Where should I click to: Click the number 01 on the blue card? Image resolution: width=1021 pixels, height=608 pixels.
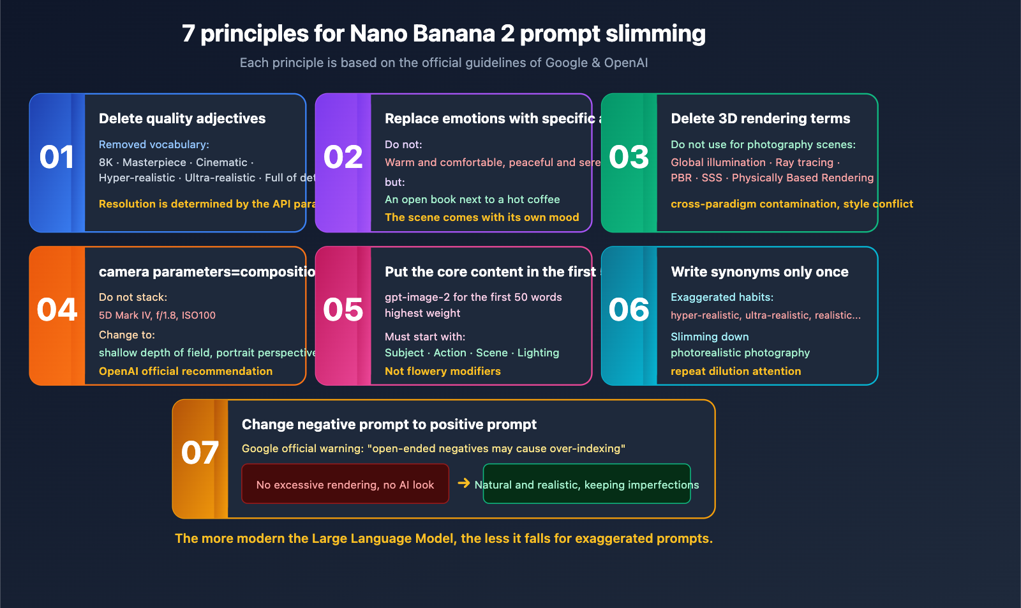[x=57, y=157]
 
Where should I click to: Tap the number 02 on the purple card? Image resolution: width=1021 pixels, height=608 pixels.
[x=343, y=157]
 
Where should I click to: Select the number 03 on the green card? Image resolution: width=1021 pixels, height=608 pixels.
[x=629, y=157]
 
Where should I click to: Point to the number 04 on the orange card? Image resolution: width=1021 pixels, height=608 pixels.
[x=57, y=310]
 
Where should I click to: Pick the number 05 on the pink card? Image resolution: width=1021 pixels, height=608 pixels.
[x=343, y=310]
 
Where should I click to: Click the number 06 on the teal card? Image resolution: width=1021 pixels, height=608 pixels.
[x=629, y=310]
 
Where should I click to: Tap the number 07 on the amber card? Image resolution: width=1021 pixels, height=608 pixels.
[x=200, y=453]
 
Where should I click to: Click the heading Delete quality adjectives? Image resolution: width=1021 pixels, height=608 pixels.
[x=182, y=118]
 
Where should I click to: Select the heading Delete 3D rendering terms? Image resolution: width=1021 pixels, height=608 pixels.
[x=760, y=118]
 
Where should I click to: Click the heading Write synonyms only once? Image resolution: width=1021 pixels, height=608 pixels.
[x=759, y=271]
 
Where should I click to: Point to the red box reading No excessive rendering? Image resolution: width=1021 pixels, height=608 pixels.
[x=345, y=484]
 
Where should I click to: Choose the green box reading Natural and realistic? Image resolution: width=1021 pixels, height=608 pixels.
[x=586, y=484]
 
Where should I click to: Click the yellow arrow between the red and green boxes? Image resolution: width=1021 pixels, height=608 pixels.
[x=464, y=483]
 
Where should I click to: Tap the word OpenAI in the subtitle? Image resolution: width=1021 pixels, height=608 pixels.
[x=625, y=63]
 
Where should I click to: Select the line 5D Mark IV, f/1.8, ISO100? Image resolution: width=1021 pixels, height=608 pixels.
[x=157, y=315]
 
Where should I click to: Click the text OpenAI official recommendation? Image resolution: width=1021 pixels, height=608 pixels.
[x=185, y=371]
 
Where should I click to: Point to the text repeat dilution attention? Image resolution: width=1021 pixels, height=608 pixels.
[x=735, y=371]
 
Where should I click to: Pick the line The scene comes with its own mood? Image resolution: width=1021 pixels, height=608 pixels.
[x=482, y=217]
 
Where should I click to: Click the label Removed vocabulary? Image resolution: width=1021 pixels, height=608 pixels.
[x=154, y=144]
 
